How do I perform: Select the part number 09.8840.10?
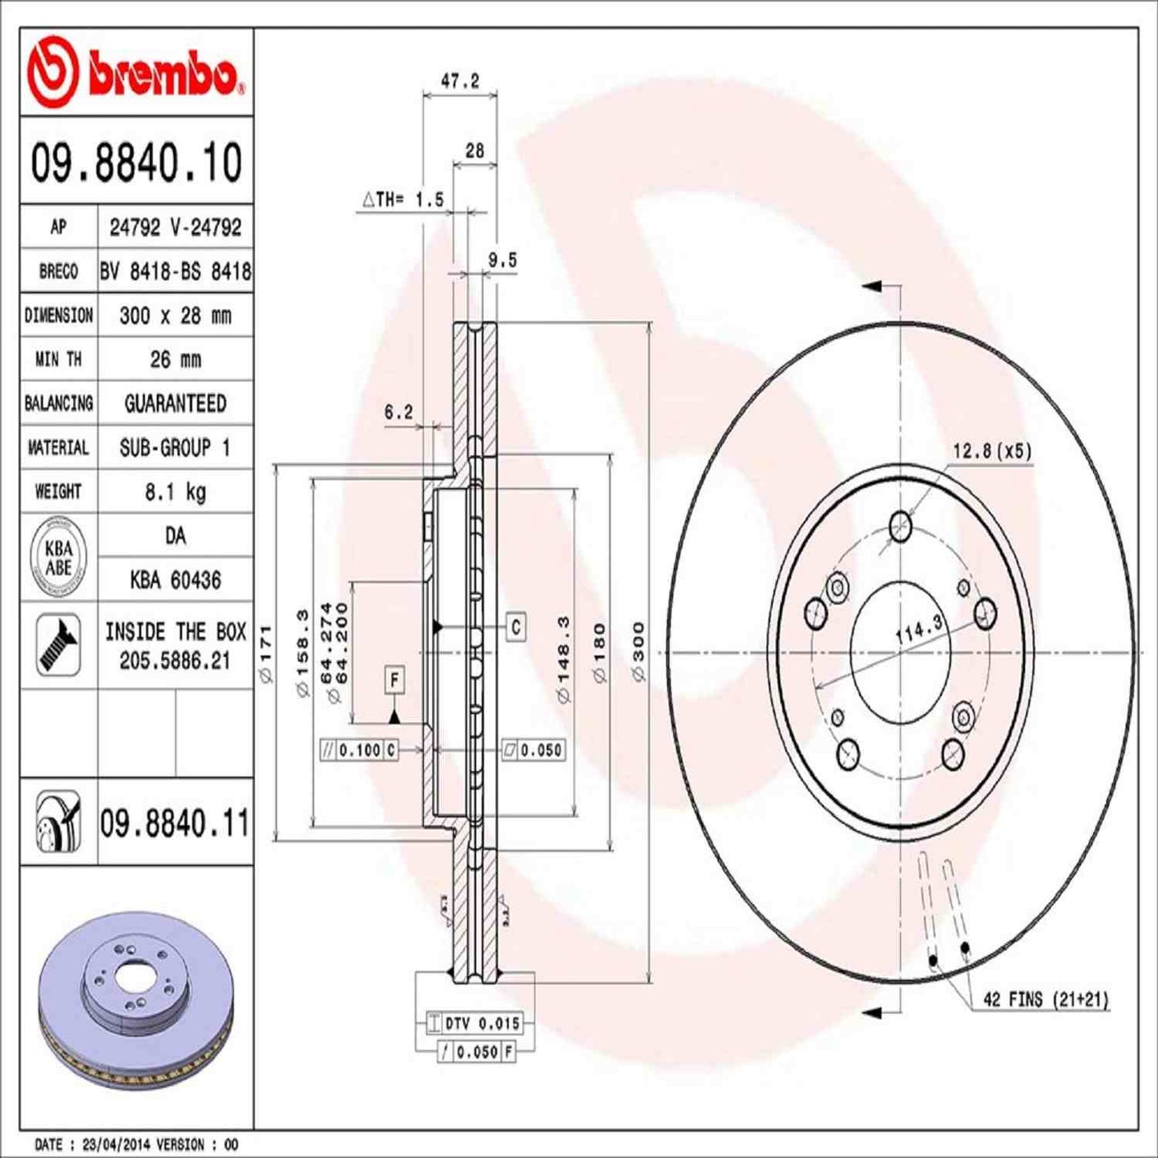(x=136, y=162)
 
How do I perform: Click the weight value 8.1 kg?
(x=175, y=491)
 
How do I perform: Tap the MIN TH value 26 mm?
(x=175, y=359)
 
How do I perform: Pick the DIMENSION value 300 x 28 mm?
(x=175, y=316)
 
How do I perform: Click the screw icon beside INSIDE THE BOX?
(x=59, y=644)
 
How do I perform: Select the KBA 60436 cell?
(x=175, y=579)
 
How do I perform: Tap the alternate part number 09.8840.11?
(x=175, y=823)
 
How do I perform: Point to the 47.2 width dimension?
(x=460, y=82)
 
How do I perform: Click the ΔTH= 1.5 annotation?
(x=403, y=200)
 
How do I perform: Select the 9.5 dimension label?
(x=502, y=260)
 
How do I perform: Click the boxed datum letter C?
(x=515, y=627)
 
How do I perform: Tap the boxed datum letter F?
(x=394, y=680)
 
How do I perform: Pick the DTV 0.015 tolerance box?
(x=474, y=1023)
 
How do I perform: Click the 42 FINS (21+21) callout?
(x=1045, y=999)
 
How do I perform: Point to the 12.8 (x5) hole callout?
(x=991, y=451)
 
